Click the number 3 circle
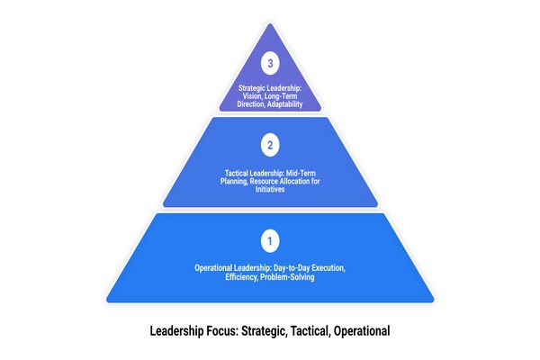[x=269, y=64]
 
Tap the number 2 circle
[x=269, y=142]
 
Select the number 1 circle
[x=269, y=240]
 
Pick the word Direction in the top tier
[x=251, y=105]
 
